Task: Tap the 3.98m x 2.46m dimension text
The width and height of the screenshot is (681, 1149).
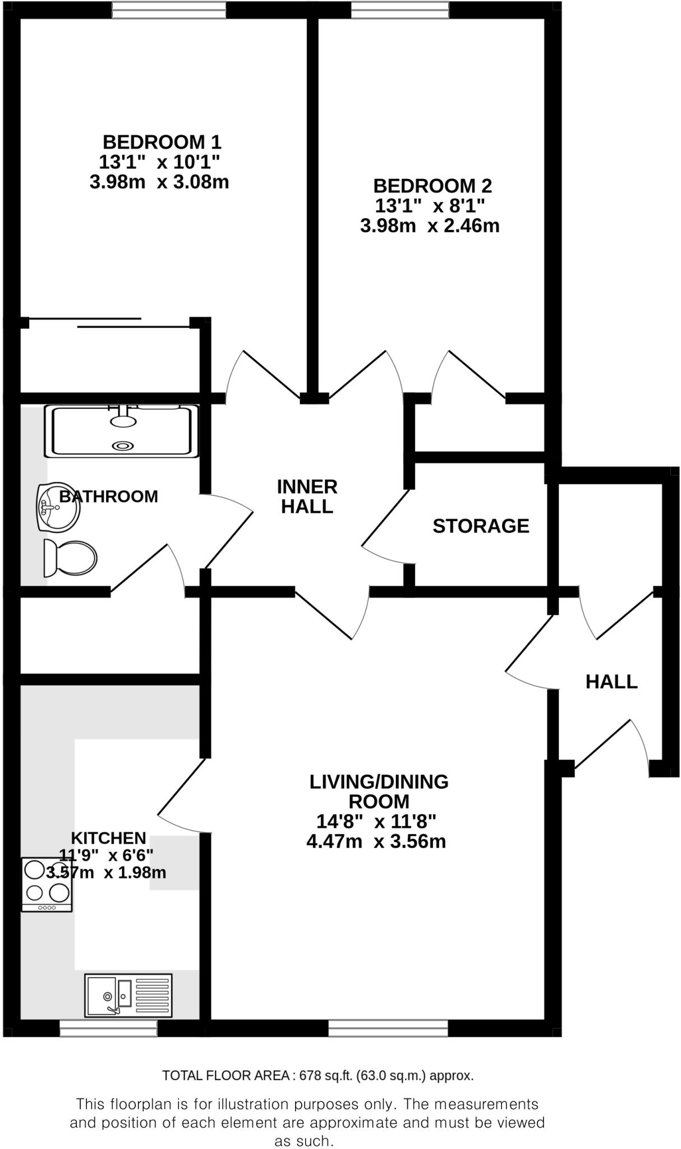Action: [429, 226]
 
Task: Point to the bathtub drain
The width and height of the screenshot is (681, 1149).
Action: [123, 445]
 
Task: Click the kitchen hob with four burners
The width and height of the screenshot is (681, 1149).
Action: [47, 885]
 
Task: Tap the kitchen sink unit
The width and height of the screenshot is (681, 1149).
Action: [128, 995]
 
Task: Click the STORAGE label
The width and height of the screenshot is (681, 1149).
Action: [481, 526]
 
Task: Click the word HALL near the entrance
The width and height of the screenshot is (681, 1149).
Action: [611, 682]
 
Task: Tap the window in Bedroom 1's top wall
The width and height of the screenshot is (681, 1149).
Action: [169, 10]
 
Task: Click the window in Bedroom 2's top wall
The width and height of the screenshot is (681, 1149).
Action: [400, 10]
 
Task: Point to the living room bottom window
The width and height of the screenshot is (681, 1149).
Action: [388, 1028]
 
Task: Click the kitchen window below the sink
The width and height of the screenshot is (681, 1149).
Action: [108, 1028]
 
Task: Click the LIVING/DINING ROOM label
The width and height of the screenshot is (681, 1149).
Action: [379, 791]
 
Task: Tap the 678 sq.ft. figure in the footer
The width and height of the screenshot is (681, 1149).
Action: [324, 1076]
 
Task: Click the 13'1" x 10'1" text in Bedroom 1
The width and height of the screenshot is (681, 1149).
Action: [159, 162]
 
